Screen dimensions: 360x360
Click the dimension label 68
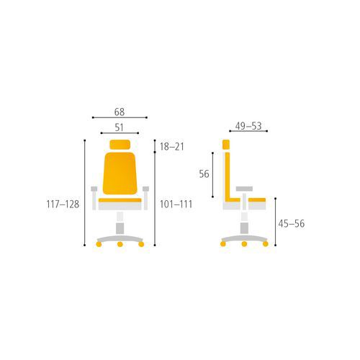pos(120,112)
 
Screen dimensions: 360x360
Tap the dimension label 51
pos(119,127)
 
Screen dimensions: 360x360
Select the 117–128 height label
pos(63,204)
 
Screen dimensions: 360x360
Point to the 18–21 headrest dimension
pos(172,146)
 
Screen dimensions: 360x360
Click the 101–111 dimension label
pos(176,204)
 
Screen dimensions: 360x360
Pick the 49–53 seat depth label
pos(248,126)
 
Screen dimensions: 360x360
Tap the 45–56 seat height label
pos(292,224)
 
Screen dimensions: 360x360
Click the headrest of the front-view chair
pos(120,145)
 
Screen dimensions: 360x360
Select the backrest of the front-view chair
pos(120,174)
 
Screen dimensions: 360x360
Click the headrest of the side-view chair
pos(226,145)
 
